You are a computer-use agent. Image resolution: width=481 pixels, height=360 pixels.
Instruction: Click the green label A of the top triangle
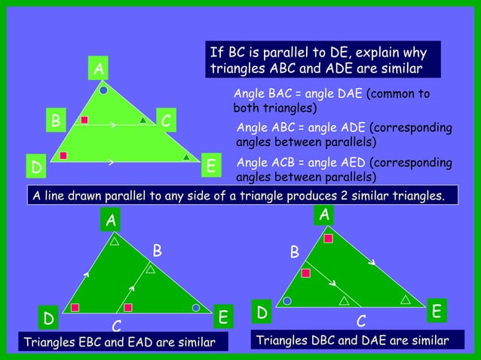(98, 69)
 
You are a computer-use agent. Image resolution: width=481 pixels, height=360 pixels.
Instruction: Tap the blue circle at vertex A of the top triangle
(103, 90)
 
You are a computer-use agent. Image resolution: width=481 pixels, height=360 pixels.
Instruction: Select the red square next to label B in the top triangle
(85, 120)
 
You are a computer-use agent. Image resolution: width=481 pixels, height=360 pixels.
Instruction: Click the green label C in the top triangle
(167, 121)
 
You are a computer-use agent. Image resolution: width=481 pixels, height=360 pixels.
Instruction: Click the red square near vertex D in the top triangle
(64, 156)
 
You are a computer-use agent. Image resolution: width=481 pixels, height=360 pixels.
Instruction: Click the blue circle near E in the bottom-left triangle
(196, 308)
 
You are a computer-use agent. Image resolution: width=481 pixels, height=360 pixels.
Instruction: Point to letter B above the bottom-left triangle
(157, 249)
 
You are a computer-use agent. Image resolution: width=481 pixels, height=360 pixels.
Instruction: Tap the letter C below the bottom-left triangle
(117, 326)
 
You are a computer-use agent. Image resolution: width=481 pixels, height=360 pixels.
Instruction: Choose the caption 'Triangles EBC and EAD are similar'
(116, 344)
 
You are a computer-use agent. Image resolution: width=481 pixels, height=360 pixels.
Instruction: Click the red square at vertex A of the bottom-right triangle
(328, 239)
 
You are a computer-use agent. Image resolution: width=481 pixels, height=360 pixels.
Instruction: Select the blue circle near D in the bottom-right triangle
(287, 301)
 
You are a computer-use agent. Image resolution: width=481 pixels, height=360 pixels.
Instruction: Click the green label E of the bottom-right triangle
(437, 310)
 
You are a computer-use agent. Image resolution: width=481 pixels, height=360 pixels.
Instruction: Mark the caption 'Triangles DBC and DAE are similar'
(353, 341)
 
